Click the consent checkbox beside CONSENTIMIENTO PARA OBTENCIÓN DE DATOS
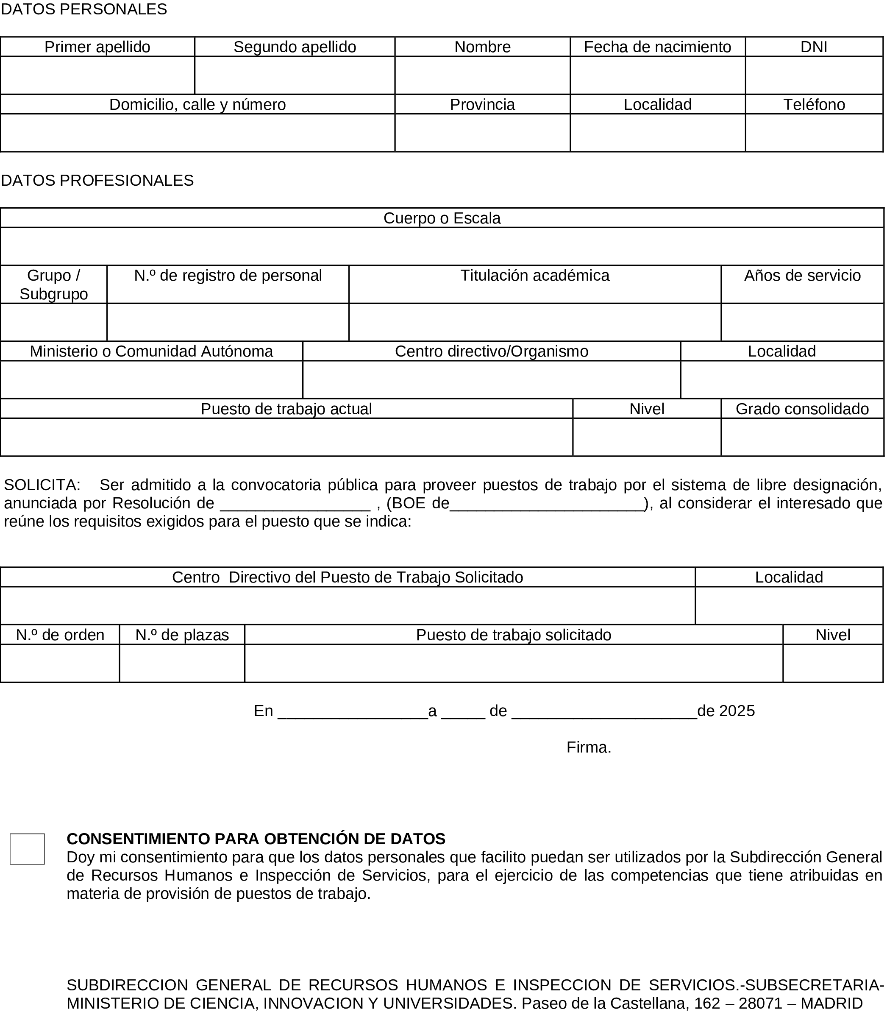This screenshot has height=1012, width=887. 27,849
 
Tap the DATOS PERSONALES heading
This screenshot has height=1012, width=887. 84,9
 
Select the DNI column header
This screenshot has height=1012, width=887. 814,47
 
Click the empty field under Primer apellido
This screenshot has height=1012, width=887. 97,75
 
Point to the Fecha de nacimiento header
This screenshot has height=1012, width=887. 657,47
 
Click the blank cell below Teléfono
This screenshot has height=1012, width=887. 814,133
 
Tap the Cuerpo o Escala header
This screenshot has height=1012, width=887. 442,218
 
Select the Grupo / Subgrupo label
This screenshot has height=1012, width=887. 53,284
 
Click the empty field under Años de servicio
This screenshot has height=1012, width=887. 802,322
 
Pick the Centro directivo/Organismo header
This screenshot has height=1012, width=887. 492,351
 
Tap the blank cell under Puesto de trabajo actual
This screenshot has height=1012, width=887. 286,437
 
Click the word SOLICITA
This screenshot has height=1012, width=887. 41,484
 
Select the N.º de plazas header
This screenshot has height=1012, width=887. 182,635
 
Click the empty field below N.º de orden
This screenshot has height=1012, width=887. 59,663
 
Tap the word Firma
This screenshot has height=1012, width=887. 589,747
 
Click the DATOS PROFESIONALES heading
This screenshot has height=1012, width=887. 97,180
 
